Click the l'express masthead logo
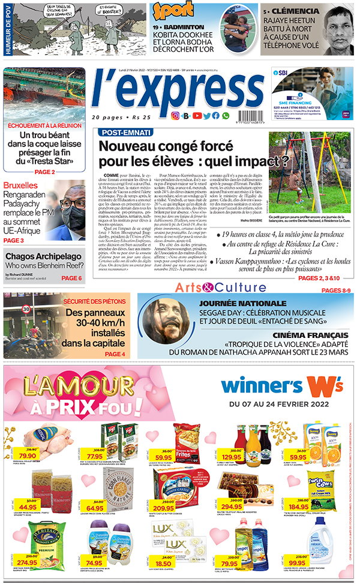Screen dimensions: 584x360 [x=178, y=91]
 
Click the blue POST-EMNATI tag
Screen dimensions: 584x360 [x=125, y=132]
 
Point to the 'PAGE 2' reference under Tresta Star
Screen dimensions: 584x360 [x=44, y=172]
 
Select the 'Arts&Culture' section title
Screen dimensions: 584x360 [x=220, y=287]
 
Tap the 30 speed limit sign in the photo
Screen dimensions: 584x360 [x=26, y=310]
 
